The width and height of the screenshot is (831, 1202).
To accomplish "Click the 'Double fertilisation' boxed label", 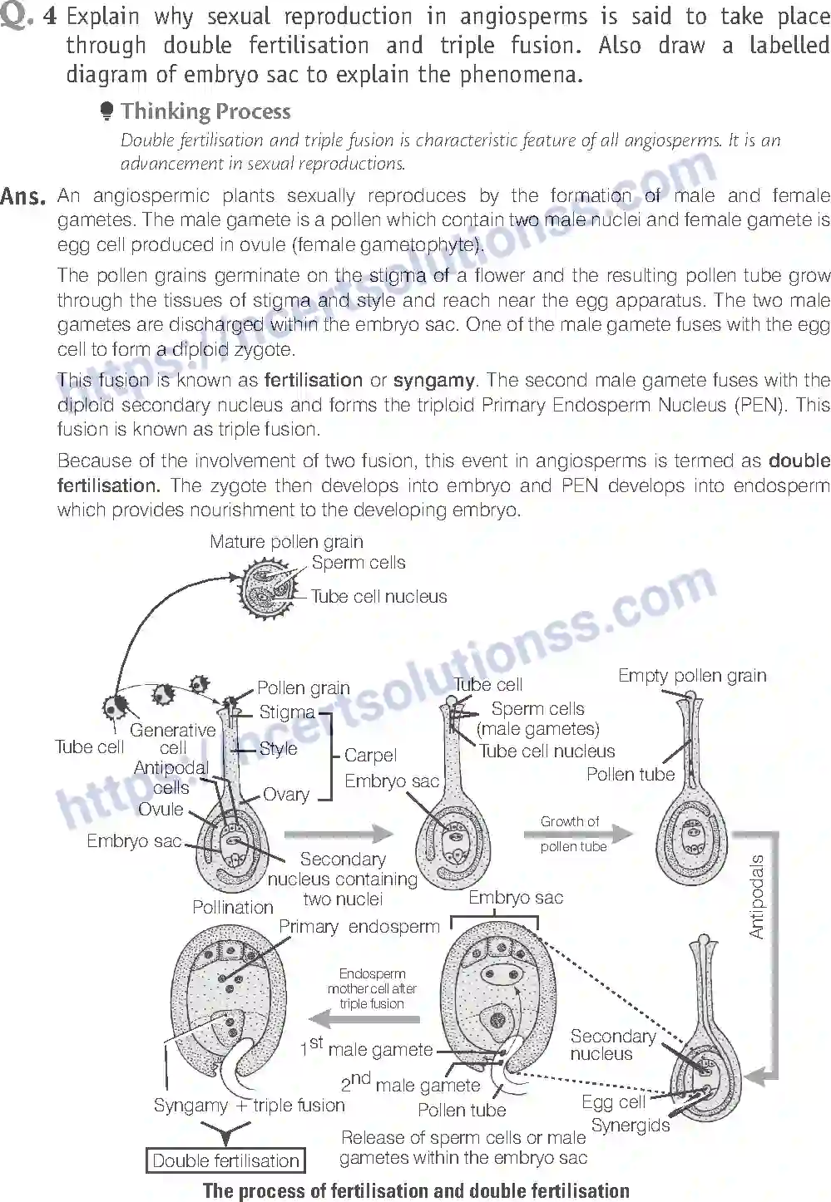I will click(x=225, y=1160).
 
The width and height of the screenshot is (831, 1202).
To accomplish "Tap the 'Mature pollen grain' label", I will click(x=286, y=542).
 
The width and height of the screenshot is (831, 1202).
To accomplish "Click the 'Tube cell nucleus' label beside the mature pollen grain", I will click(x=378, y=596).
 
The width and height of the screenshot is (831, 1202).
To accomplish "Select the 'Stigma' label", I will click(x=287, y=712).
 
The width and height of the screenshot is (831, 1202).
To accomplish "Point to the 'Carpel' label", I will click(x=370, y=756).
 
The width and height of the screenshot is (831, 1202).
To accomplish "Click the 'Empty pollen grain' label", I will click(x=692, y=676).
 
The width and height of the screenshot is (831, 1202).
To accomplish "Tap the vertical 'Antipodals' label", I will click(x=756, y=897).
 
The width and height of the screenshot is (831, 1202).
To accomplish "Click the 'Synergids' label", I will click(x=631, y=1126).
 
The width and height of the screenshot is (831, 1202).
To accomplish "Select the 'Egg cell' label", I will click(x=613, y=1102).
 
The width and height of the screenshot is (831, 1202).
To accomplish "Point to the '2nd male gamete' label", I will click(x=410, y=1083).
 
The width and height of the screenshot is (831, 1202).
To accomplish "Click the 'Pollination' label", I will click(x=233, y=907).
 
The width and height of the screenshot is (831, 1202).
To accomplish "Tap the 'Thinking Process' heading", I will click(x=205, y=111).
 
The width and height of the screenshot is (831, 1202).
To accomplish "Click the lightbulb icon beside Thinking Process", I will click(x=106, y=111).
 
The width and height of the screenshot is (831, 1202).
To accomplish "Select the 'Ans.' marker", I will click(x=22, y=197).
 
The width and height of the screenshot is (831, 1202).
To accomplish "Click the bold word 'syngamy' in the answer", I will click(x=433, y=381).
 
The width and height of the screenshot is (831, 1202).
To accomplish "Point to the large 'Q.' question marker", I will click(x=17, y=16).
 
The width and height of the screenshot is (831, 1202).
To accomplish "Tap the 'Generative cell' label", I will click(x=172, y=738).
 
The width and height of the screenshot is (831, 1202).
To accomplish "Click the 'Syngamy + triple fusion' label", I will click(x=249, y=1106).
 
